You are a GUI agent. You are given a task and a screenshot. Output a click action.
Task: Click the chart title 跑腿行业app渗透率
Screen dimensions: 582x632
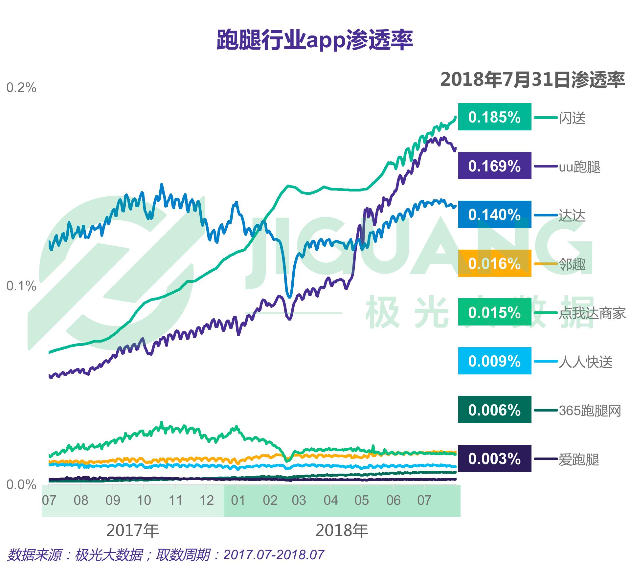(x=314, y=40)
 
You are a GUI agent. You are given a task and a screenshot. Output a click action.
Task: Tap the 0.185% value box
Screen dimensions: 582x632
(x=494, y=117)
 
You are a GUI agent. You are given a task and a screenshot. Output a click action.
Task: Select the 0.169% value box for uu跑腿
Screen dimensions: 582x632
(x=494, y=166)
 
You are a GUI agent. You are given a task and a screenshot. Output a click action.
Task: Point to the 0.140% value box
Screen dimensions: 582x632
(x=494, y=214)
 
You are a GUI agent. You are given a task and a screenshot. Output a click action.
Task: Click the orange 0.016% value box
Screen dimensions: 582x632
(x=494, y=263)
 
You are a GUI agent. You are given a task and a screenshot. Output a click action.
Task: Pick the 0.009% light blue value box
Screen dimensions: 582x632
(x=494, y=361)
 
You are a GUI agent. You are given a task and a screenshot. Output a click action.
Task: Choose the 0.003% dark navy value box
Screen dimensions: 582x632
(x=494, y=459)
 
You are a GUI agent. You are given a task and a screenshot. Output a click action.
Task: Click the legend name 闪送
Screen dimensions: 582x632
(x=572, y=118)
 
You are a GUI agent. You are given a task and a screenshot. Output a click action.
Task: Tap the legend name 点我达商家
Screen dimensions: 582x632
(x=592, y=313)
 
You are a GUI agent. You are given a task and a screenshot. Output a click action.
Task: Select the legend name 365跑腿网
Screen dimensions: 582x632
(x=590, y=411)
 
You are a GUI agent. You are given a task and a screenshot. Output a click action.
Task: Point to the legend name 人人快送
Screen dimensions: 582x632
(x=585, y=362)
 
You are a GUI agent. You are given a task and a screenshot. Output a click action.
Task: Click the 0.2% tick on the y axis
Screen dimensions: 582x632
(x=21, y=88)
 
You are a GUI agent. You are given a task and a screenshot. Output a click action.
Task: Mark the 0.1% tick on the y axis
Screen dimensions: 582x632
(x=21, y=286)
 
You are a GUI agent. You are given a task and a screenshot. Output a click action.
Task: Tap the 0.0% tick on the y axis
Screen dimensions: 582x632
(x=21, y=485)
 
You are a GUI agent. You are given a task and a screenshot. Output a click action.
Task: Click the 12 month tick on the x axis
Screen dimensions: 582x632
(x=207, y=500)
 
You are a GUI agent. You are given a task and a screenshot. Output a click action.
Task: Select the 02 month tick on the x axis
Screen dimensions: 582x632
(x=270, y=500)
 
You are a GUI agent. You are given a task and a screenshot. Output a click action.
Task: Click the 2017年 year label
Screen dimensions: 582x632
(x=133, y=530)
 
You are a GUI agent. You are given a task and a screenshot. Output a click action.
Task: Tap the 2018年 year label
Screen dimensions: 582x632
(x=342, y=530)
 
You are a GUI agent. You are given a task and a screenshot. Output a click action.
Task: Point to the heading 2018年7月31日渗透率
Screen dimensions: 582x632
(x=532, y=80)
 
